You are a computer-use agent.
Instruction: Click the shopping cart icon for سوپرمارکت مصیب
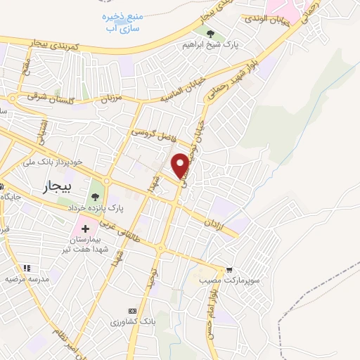pyautogui.click(x=229, y=269)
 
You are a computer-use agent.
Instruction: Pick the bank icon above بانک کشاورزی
pyautogui.click(x=131, y=310)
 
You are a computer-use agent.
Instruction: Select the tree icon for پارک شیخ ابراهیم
pyautogui.click(x=212, y=32)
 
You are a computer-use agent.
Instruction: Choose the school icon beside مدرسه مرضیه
pyautogui.click(x=27, y=268)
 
